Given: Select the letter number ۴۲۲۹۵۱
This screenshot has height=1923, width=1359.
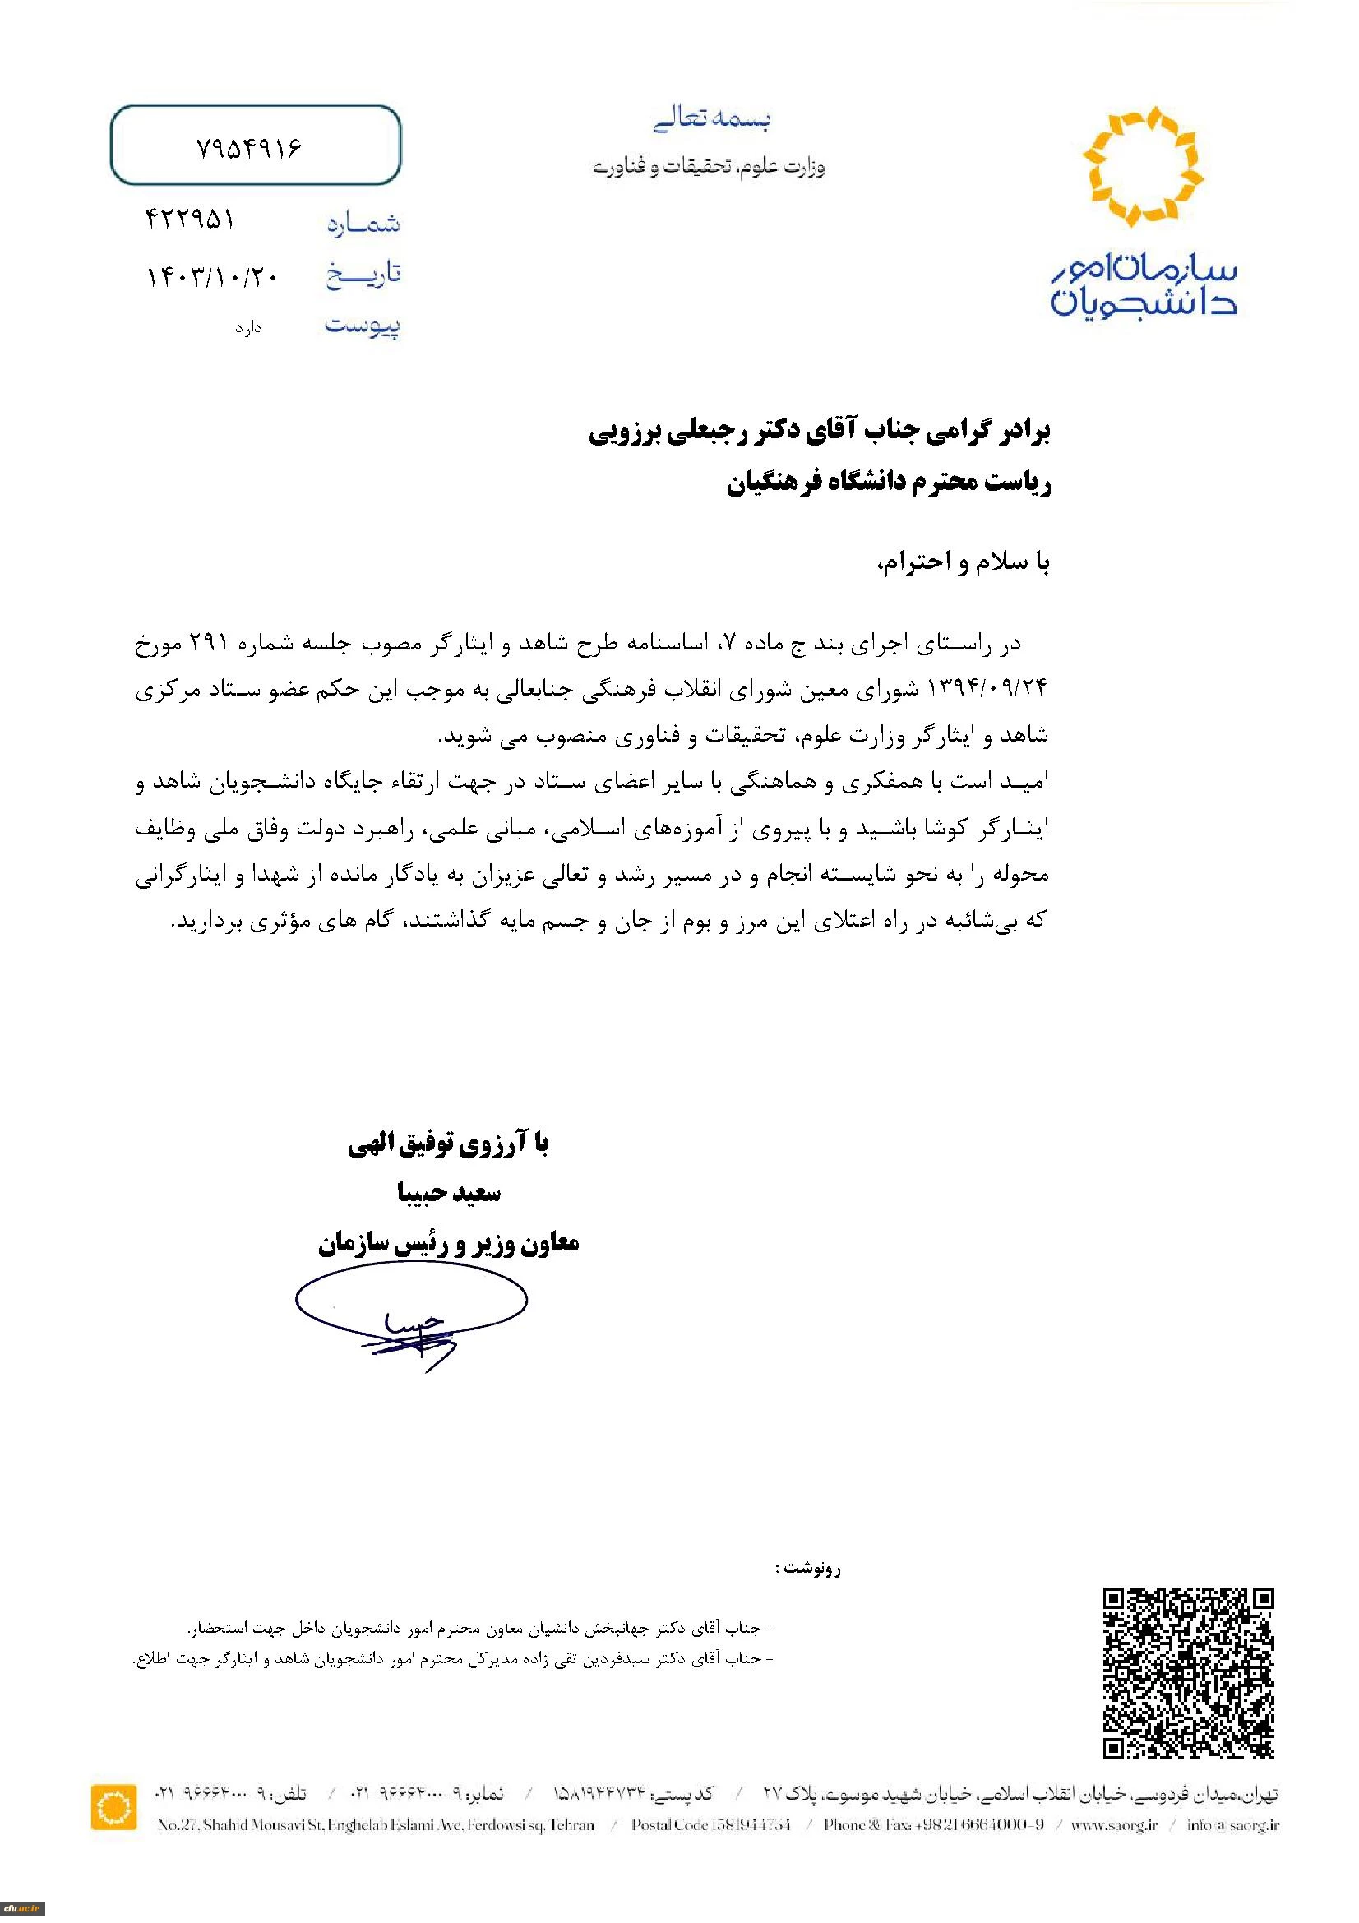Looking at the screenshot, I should (x=190, y=220).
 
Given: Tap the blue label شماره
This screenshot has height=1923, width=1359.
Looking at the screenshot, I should (x=363, y=224).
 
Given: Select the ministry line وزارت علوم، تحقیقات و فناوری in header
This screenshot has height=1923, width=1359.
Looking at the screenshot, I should (x=710, y=168).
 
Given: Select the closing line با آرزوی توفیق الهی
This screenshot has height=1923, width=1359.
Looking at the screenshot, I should (x=448, y=1145).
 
